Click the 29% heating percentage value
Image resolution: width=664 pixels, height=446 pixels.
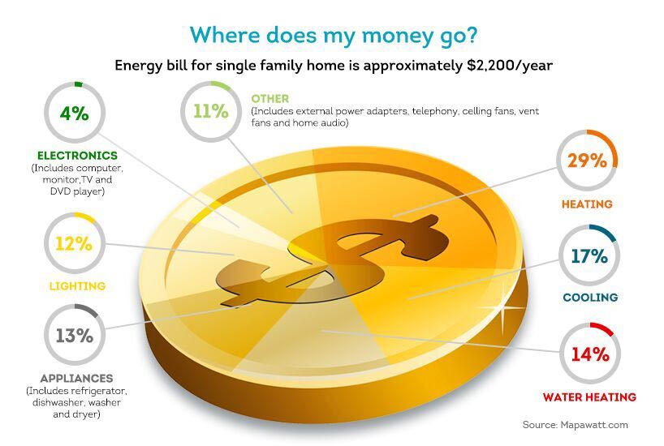click(x=587, y=161)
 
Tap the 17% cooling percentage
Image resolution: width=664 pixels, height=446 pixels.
click(x=589, y=256)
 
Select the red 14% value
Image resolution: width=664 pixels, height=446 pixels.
click(x=590, y=354)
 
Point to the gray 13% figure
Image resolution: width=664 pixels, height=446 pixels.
click(x=75, y=336)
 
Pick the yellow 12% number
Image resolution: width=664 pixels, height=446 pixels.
click(x=74, y=244)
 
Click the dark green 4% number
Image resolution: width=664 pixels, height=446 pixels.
click(x=75, y=114)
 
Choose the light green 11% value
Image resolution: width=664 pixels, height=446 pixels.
click(x=211, y=111)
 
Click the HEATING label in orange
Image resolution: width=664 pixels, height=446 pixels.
click(x=587, y=204)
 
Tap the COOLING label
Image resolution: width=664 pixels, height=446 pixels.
click(x=590, y=298)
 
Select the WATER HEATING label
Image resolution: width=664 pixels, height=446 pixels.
click(x=589, y=397)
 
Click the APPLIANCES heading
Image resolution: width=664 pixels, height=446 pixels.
click(x=76, y=379)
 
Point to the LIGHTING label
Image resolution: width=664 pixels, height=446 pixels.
click(x=77, y=286)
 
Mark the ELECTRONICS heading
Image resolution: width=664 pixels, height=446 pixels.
click(x=77, y=156)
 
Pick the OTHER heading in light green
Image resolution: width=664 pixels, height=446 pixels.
click(x=270, y=99)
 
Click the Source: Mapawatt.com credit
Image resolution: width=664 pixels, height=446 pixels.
click(x=575, y=425)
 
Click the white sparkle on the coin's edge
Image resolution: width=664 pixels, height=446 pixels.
click(x=502, y=307)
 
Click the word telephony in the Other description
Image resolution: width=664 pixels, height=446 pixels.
click(x=434, y=111)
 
